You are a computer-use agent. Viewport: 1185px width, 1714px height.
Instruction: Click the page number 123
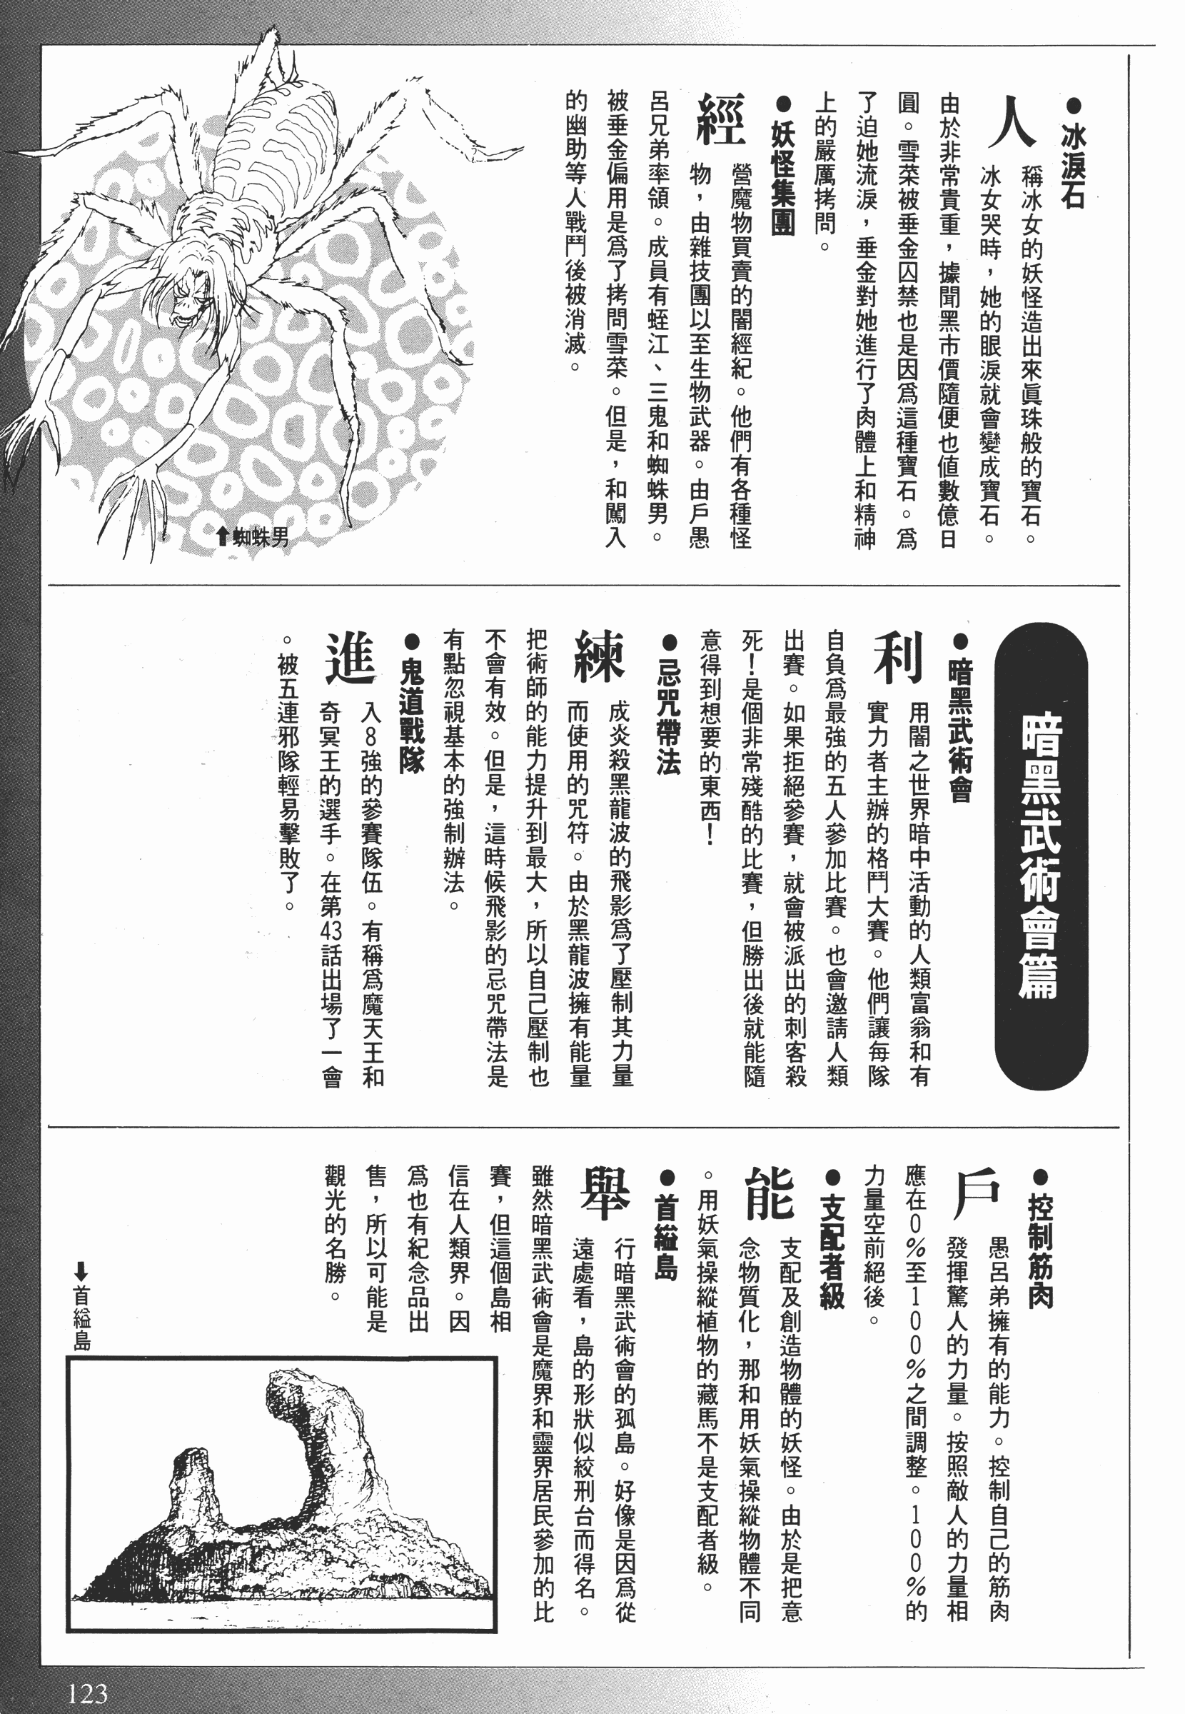[x=87, y=1688]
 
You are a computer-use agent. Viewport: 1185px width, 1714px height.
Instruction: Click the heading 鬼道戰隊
[x=410, y=704]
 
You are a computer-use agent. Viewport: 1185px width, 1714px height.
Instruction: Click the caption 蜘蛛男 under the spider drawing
[x=253, y=538]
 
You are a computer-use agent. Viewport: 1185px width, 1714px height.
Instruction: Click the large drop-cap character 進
[x=350, y=658]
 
